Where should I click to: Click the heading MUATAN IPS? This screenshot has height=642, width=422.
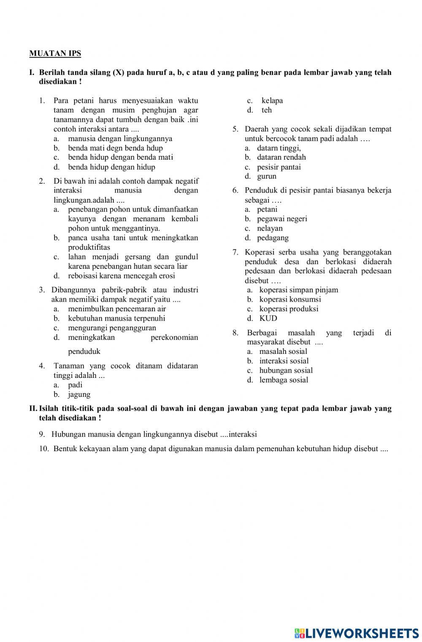[x=55, y=53]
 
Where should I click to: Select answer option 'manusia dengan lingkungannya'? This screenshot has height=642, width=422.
[x=120, y=139]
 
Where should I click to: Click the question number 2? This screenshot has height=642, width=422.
[x=42, y=181]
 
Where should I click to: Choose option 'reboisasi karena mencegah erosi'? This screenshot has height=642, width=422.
[x=121, y=276]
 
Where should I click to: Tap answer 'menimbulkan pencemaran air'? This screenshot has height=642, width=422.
[x=117, y=309]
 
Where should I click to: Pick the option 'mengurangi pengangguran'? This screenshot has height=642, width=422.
[x=112, y=328]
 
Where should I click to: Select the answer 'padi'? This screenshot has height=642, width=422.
[x=75, y=385]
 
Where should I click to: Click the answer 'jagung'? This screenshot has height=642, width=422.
[x=79, y=395]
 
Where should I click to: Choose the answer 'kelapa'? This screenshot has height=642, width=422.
[x=272, y=101]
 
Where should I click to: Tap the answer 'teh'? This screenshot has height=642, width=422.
[x=266, y=110]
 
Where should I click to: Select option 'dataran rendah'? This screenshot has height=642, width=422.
[x=281, y=157]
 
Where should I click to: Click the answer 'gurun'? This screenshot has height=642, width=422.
[x=266, y=177]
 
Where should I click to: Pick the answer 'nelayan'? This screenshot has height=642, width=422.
[x=270, y=228]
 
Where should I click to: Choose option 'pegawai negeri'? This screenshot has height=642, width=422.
[x=282, y=219]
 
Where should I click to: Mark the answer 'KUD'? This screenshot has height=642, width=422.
[x=268, y=318]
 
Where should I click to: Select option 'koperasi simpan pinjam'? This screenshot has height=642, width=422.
[x=298, y=290]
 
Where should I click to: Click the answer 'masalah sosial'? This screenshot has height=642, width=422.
[x=283, y=351]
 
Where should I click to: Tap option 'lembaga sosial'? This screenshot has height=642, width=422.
[x=284, y=380]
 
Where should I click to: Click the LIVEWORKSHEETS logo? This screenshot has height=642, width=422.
[x=357, y=633]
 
